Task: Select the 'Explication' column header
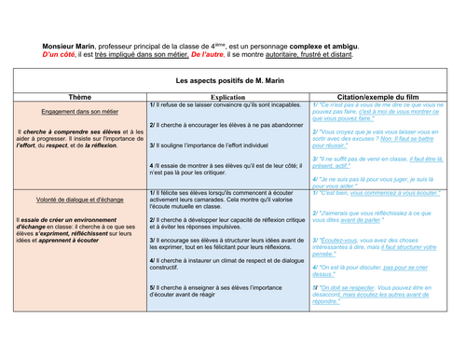pos(227,96)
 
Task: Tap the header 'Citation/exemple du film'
pos(382,96)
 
